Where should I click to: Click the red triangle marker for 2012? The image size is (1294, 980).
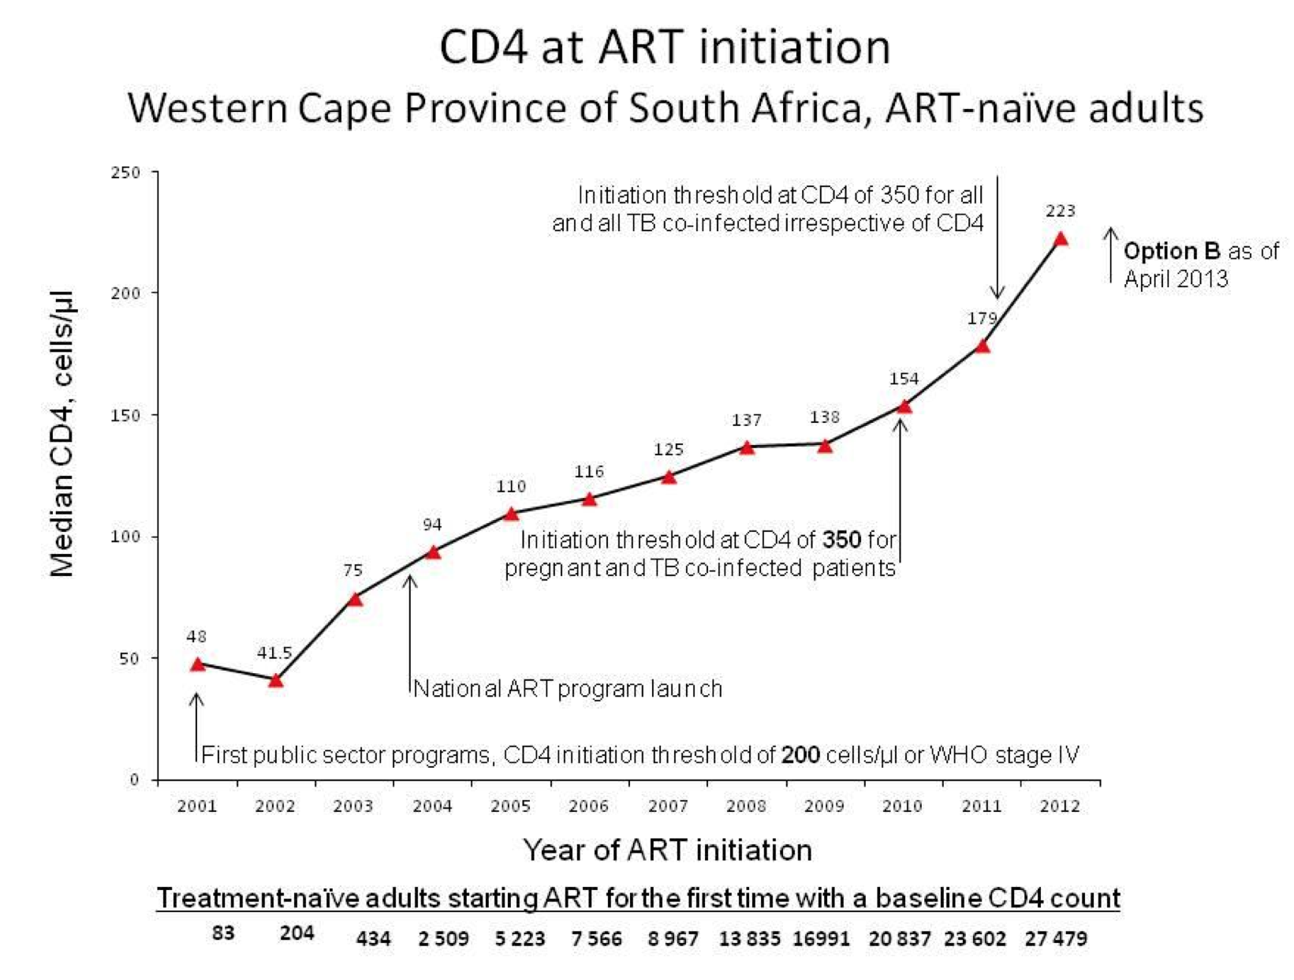point(1061,239)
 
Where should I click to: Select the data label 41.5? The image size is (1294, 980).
point(274,653)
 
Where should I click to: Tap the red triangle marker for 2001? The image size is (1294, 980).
point(197,664)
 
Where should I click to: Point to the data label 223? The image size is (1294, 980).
point(1061,211)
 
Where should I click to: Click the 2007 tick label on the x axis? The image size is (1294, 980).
point(668,806)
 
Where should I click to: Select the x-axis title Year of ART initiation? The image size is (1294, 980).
point(667,850)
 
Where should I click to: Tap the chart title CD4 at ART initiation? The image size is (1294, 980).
point(665,47)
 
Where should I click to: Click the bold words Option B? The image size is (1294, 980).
point(1172,252)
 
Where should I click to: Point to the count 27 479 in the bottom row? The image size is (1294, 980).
point(1056,938)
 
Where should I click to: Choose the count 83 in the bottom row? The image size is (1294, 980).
point(223,933)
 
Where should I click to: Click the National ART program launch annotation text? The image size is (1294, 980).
point(568,689)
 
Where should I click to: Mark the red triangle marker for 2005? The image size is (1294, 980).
point(511,514)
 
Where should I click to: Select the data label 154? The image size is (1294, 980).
point(904,379)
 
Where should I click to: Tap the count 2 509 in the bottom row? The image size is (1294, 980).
point(443,938)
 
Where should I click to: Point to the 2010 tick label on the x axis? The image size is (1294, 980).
point(902,806)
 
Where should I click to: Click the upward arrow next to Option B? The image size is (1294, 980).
point(1110,254)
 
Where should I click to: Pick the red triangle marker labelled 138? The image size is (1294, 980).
point(825,446)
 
